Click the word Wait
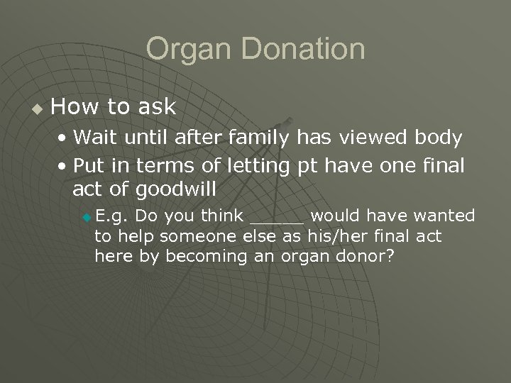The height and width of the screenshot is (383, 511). point(97,137)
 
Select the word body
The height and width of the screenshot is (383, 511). point(439,137)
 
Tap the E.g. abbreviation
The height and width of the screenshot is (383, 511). point(111,216)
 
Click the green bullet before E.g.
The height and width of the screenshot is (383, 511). point(87,216)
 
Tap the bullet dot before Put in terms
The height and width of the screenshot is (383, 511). point(64,167)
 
